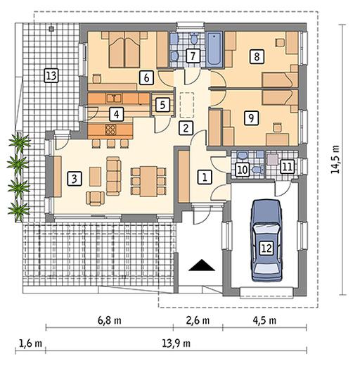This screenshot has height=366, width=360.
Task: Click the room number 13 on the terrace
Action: (51, 76)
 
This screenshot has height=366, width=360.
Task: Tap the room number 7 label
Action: (193, 56)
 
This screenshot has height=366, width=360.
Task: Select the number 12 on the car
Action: (266, 248)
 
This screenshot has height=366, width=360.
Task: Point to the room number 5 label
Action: (162, 105)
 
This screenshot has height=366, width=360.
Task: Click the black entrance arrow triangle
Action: (202, 265)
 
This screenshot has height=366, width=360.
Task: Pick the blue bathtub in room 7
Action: (214, 49)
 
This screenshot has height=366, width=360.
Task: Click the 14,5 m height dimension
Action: (335, 160)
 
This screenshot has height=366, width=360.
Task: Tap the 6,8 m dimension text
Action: (110, 320)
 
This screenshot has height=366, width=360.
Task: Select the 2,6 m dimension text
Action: (198, 320)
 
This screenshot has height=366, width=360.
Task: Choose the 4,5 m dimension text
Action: (264, 320)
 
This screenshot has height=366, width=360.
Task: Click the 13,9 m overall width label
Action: (176, 343)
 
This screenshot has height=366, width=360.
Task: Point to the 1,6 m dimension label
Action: (30, 343)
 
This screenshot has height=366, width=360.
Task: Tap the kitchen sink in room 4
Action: (114, 99)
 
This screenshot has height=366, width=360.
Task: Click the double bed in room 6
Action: (124, 49)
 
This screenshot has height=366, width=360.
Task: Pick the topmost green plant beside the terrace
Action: (20, 143)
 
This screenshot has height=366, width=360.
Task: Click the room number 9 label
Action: (251, 118)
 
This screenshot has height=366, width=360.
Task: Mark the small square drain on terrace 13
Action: (51, 29)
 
